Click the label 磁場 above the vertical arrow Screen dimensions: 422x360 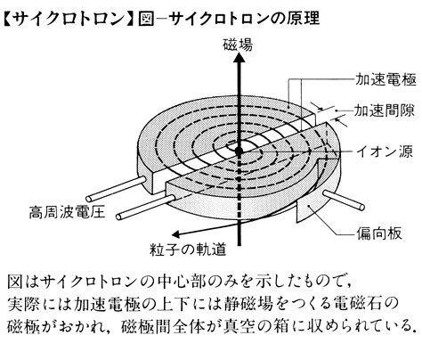point(238,45)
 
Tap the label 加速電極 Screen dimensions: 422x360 point(385,79)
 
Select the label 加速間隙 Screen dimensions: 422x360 point(384,110)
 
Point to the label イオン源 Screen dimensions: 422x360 point(384,151)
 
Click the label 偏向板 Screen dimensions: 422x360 point(379,233)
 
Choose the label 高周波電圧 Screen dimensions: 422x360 point(67,212)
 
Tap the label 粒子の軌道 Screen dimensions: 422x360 point(188,249)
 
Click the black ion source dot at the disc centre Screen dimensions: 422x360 point(239,151)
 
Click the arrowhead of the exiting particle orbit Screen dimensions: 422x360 point(175,234)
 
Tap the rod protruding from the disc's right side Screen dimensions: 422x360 point(344,200)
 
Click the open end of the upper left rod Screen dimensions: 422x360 point(88,199)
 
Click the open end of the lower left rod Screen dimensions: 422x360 point(118,217)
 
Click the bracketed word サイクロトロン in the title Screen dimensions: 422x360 point(69,19)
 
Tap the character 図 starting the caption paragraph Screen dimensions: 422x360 point(15,282)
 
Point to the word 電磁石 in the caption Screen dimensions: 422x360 point(358,304)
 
